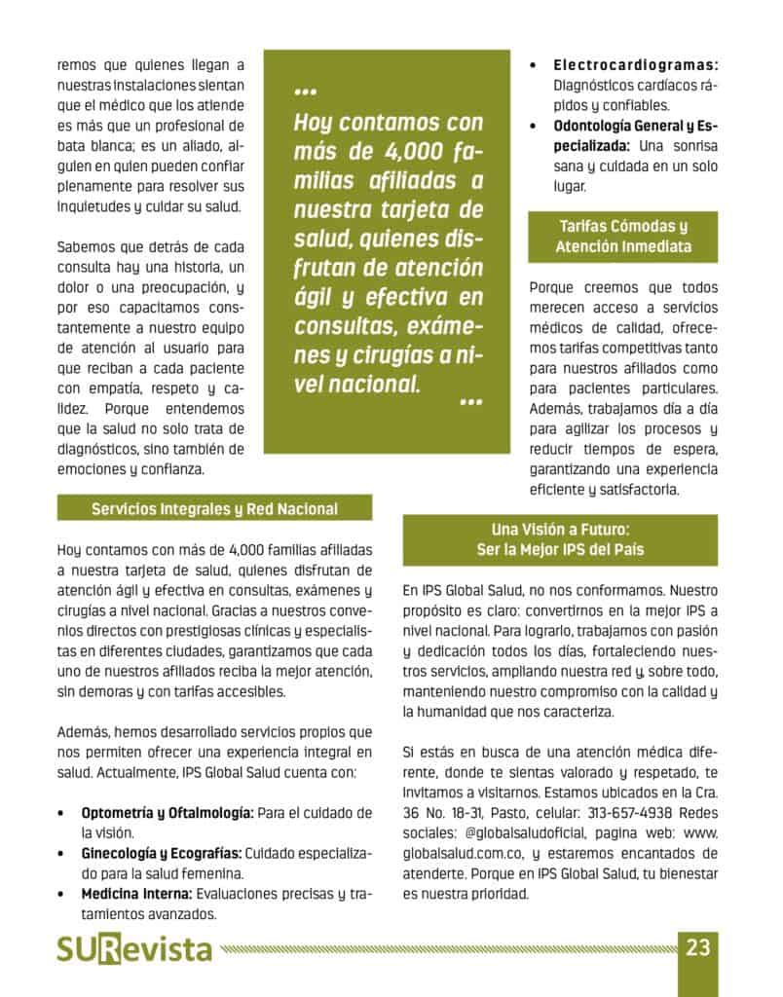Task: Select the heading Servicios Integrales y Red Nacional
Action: (x=214, y=508)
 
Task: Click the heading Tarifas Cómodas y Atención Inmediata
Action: (x=623, y=237)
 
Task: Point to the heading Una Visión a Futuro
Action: (x=560, y=530)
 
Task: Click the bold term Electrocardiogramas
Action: (x=636, y=65)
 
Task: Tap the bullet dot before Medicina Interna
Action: (x=62, y=894)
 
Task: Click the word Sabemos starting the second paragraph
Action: (x=87, y=247)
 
